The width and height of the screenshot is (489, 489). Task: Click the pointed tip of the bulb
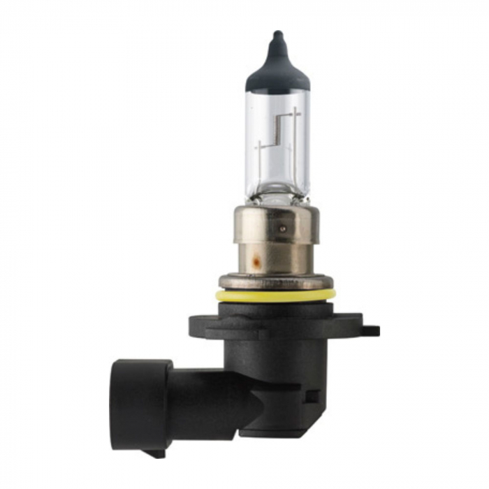pos(277,34)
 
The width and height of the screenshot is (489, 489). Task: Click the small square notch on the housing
pos(312,395)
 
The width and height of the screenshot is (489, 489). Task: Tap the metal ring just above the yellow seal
pos(275,282)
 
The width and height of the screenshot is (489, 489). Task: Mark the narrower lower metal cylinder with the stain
pos(275,258)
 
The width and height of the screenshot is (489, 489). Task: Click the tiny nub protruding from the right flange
pos(374,330)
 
